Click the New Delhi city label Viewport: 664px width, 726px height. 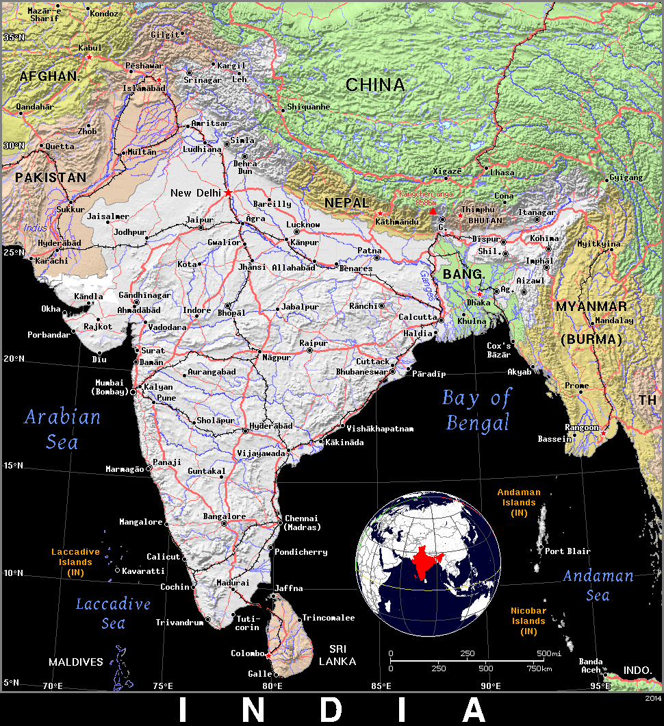[196, 193]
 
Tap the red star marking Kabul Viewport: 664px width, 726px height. [88, 57]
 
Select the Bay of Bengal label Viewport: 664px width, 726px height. [477, 410]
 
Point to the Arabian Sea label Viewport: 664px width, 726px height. [62, 429]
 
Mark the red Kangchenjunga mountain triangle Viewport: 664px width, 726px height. [433, 211]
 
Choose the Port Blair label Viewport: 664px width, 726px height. [567, 551]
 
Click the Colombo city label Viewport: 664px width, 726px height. [247, 653]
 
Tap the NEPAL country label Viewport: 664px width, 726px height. [346, 203]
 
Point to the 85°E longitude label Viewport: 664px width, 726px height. [381, 686]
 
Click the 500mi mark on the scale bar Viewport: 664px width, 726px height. [548, 653]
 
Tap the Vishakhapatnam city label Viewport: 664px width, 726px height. [380, 429]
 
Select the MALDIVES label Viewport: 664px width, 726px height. [75, 662]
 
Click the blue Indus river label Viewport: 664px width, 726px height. [35, 227]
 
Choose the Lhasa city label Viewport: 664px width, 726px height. [502, 173]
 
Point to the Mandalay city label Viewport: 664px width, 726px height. [615, 321]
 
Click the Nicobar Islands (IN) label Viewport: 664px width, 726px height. [528, 621]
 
